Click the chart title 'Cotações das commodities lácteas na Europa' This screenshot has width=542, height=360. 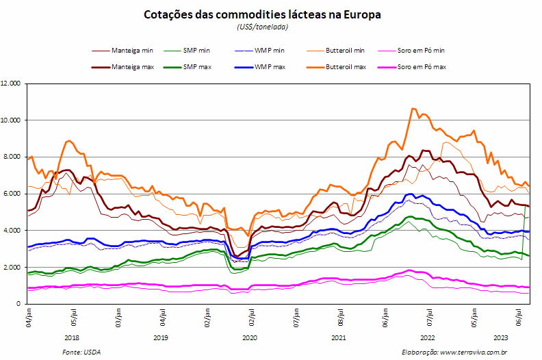point(262,14)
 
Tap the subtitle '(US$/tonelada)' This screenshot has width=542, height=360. point(262,27)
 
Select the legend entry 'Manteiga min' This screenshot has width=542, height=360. point(122,51)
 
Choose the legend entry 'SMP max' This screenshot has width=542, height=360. point(188,67)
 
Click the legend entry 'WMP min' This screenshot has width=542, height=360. point(259,51)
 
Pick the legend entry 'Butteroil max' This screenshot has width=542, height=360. point(336,67)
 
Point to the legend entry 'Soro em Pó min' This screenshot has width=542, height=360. point(411,51)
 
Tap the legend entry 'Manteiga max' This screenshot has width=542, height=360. point(122,67)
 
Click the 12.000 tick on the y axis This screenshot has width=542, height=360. point(11,83)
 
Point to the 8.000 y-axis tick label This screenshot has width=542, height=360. point(12,157)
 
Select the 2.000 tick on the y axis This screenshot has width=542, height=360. point(12,268)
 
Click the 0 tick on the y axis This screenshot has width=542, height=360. point(18,304)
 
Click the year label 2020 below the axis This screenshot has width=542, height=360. point(250,338)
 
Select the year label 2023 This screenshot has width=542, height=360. point(500,338)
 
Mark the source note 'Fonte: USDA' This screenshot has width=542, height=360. point(81,352)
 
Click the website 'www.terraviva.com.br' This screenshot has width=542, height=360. point(474,352)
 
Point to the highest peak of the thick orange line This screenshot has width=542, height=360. point(413,109)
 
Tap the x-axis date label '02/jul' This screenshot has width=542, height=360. point(252,318)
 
